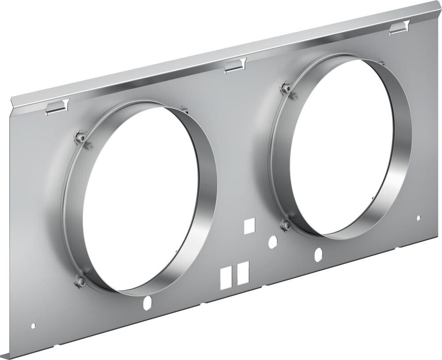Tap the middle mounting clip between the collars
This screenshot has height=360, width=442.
pyautogui.click(x=235, y=65)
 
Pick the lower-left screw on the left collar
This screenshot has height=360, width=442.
pyautogui.click(x=80, y=281)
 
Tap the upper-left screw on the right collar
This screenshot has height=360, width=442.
pyautogui.click(x=287, y=88)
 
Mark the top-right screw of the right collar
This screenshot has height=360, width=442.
pyautogui.click(x=381, y=62)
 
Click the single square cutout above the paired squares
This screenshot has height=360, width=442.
pyautogui.click(x=249, y=225)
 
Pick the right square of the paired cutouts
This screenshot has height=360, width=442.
pyautogui.click(x=243, y=272)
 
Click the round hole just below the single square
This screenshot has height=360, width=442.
pyautogui.click(x=273, y=241)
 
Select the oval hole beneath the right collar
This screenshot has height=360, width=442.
pyautogui.click(x=318, y=254)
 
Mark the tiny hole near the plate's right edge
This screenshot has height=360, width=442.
pyautogui.click(x=419, y=217)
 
